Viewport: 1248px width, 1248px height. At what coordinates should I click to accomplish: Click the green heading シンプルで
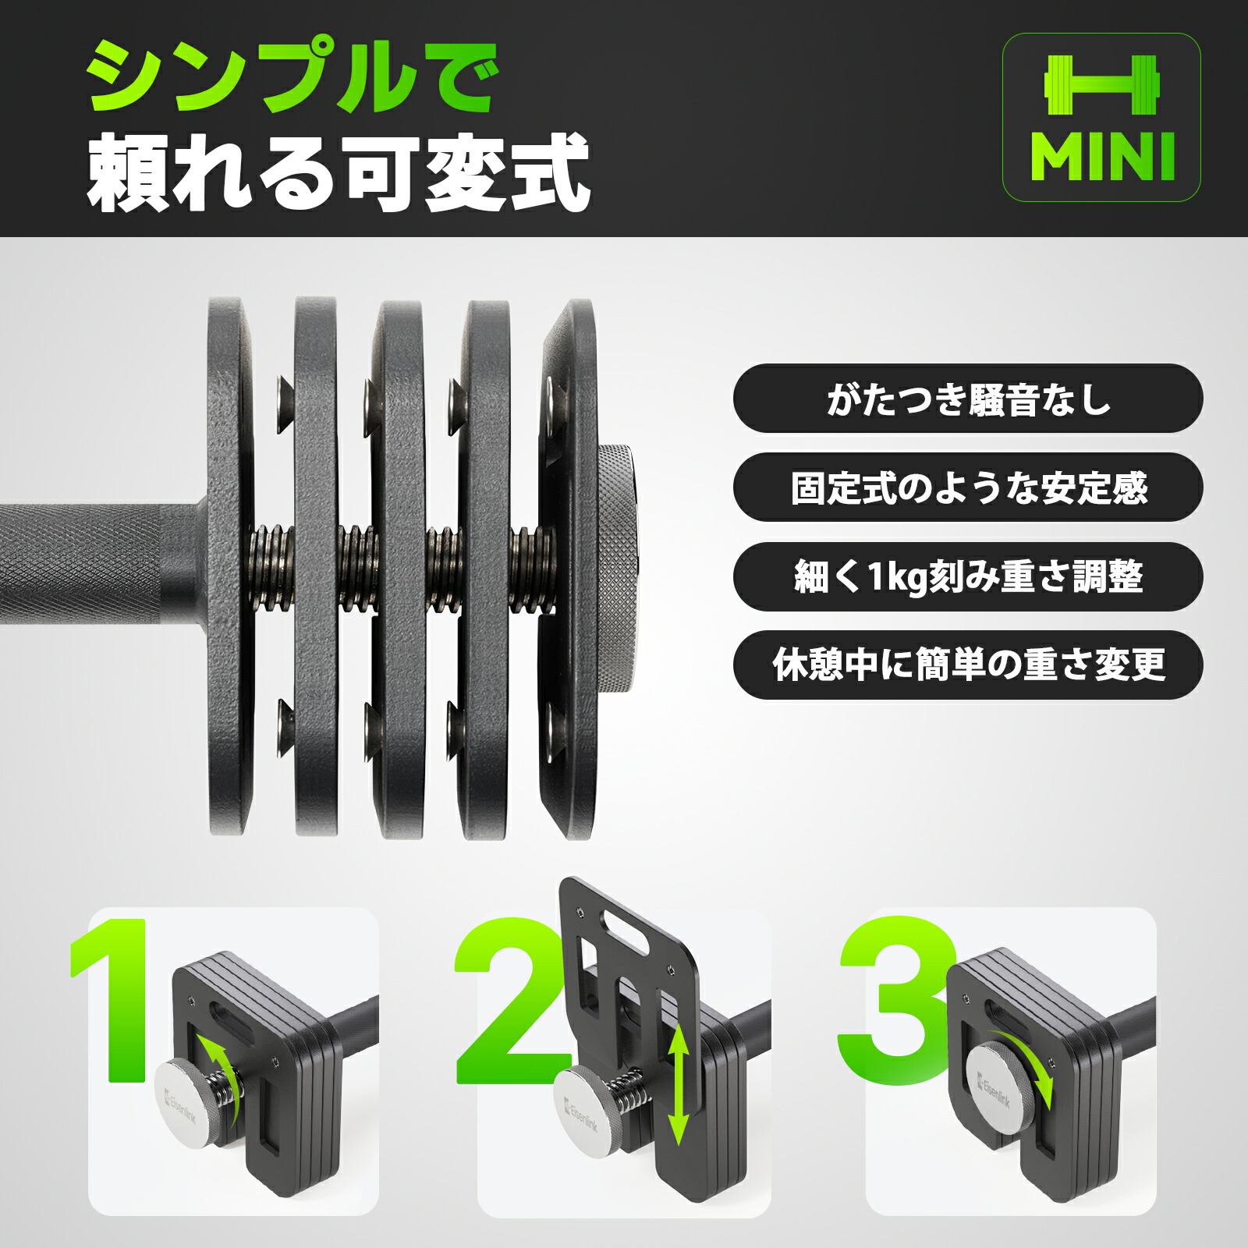tap(292, 76)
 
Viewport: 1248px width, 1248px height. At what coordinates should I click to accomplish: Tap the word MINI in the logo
tap(1101, 157)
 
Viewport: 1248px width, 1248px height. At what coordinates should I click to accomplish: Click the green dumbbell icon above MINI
tap(1101, 86)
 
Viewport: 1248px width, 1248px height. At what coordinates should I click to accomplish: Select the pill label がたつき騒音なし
tap(968, 399)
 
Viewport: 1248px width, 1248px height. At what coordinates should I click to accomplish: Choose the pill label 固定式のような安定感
tap(968, 487)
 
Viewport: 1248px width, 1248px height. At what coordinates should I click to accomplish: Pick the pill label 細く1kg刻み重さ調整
tap(968, 576)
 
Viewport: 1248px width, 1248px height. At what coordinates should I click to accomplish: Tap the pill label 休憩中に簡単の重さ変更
tap(968, 665)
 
